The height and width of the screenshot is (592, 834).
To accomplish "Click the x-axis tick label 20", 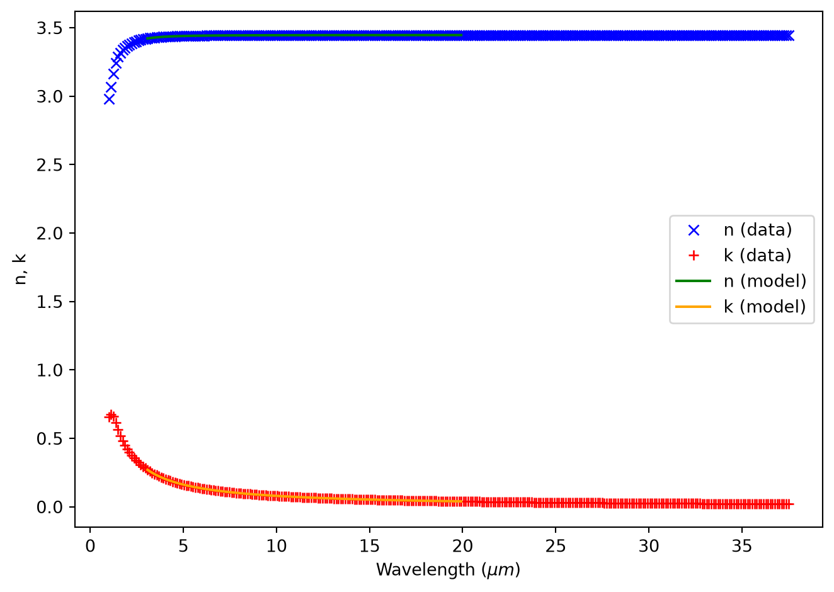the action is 462,547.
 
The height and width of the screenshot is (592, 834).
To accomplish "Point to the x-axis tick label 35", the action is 742,547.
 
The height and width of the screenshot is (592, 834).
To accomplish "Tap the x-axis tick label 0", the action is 90,547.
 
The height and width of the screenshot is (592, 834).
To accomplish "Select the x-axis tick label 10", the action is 277,547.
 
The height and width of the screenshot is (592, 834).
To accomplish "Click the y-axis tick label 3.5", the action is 50,28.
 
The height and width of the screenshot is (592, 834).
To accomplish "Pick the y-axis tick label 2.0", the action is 50,234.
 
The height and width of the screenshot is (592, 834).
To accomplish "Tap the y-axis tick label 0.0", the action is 50,507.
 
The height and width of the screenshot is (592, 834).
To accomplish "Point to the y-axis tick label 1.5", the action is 50,302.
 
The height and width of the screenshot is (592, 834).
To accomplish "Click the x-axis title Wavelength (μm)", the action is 448,571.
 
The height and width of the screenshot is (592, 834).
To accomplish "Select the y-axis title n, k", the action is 20,269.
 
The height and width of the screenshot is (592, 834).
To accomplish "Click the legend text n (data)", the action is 758,230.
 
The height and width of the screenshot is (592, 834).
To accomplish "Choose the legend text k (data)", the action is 757,256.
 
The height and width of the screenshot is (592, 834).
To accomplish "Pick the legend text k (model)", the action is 765,307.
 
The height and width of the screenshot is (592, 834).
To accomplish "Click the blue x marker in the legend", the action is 694,231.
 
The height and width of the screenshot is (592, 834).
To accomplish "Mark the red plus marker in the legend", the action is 694,256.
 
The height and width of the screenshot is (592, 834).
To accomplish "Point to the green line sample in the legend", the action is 694,281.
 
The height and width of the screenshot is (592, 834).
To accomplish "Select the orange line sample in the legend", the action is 694,307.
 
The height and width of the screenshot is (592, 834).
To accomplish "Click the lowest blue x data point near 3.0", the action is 109,100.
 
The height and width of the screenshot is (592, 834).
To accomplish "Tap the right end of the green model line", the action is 462,35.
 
